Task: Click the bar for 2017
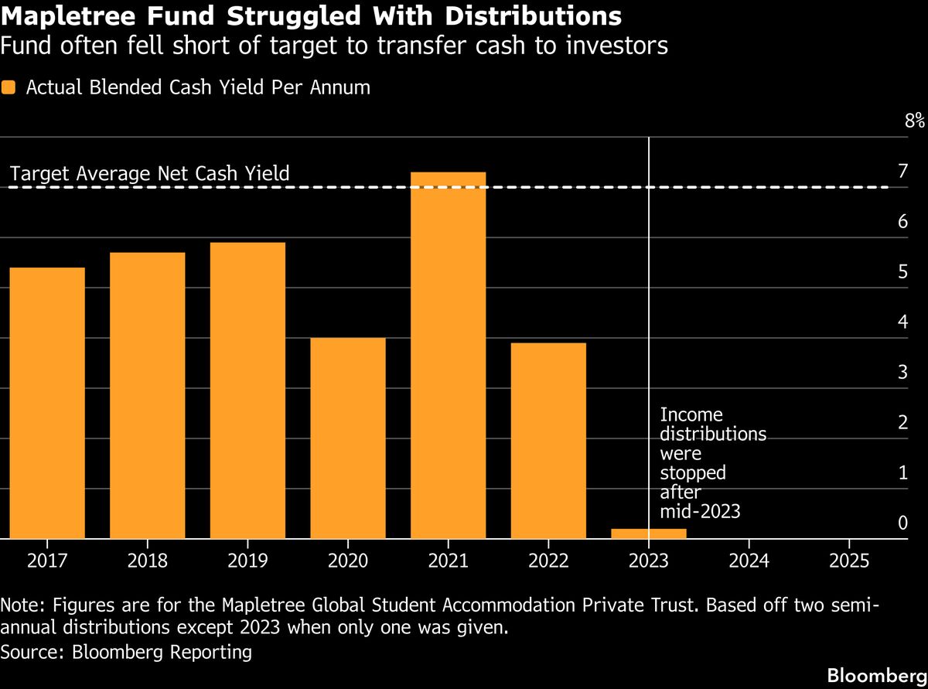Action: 47,403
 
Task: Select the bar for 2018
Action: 147,395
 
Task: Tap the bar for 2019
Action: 247,391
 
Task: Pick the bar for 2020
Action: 347,438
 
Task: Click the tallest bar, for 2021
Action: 448,355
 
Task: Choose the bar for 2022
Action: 548,440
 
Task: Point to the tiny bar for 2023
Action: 648,534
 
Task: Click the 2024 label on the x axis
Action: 749,560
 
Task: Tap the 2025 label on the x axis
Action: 848,560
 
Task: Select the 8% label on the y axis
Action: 914,121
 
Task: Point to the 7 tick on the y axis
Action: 902,171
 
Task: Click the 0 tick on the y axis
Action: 902,523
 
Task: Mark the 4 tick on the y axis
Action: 902,322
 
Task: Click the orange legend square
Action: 9,87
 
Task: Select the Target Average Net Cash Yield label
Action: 150,173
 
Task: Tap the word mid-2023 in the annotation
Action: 699,510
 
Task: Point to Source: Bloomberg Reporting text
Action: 127,652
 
